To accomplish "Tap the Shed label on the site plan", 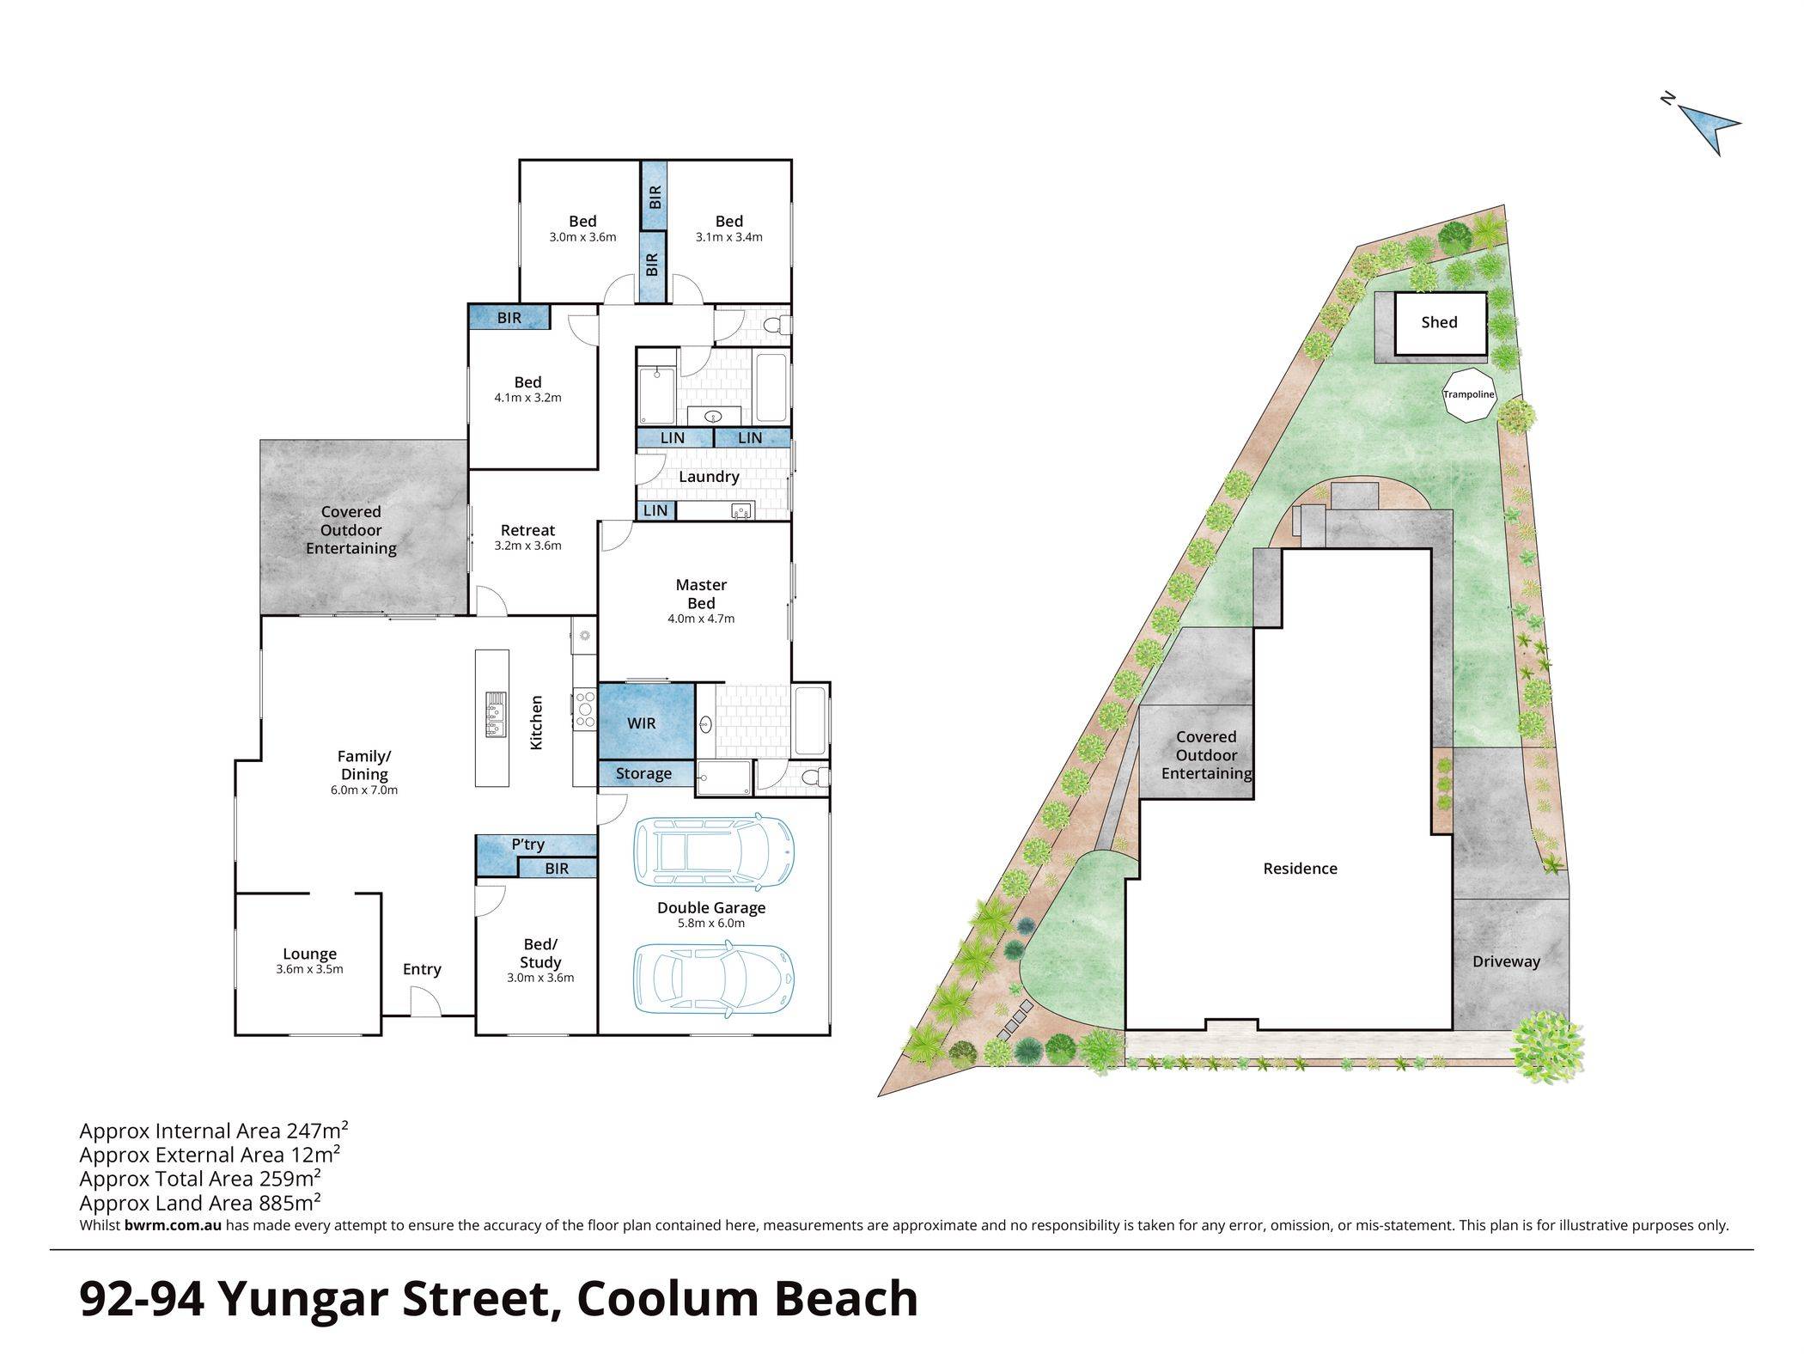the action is (x=1439, y=322).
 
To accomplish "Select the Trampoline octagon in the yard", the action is (x=1468, y=394).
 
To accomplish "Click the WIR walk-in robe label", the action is (x=641, y=723).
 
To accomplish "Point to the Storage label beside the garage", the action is (x=643, y=774).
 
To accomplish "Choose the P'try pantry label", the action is (x=527, y=845).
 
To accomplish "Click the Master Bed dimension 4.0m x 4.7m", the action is (x=701, y=619).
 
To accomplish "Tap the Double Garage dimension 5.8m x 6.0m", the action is (x=711, y=924).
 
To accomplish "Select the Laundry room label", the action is (x=709, y=477).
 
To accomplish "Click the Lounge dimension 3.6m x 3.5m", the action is (x=309, y=970).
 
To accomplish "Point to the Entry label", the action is (x=422, y=969).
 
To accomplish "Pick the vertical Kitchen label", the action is (x=536, y=723).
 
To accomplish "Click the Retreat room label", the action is (x=527, y=531).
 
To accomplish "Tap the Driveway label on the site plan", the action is (x=1506, y=961).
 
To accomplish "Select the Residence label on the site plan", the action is (x=1300, y=869).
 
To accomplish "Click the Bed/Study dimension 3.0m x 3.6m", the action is (x=540, y=978).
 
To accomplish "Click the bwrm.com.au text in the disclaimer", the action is (x=173, y=1226).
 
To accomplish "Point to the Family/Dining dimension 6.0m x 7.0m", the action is (x=364, y=790).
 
